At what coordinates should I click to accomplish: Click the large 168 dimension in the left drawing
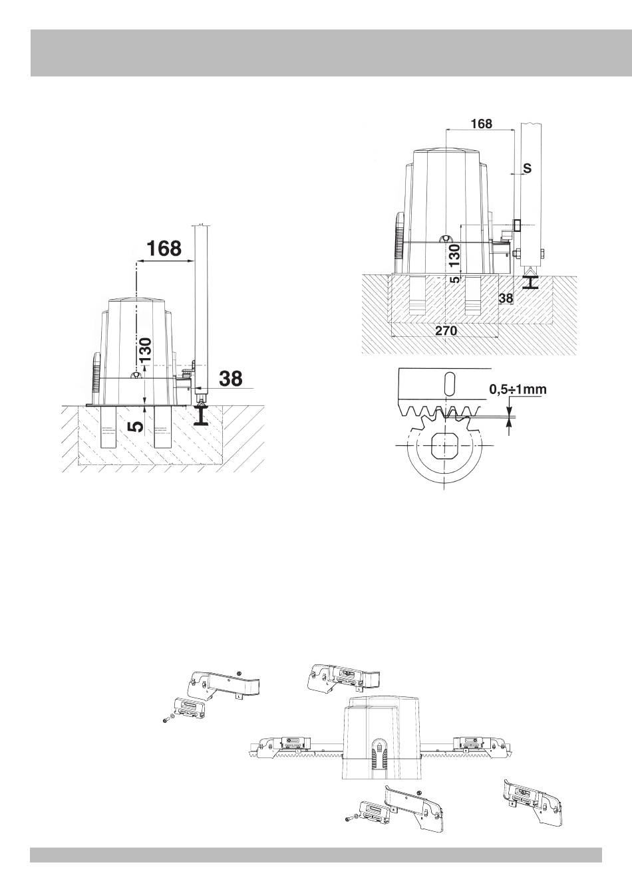click(x=164, y=248)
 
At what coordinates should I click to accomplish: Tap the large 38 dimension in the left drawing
click(x=231, y=378)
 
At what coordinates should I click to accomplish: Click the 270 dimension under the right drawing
click(x=445, y=330)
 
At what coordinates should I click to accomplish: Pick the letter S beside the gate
click(x=527, y=168)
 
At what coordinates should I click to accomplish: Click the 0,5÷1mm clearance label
click(x=518, y=389)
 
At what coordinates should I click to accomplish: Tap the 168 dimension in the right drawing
click(x=481, y=124)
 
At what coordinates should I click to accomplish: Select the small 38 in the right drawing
click(x=506, y=298)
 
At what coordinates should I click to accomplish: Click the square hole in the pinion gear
click(x=444, y=445)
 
